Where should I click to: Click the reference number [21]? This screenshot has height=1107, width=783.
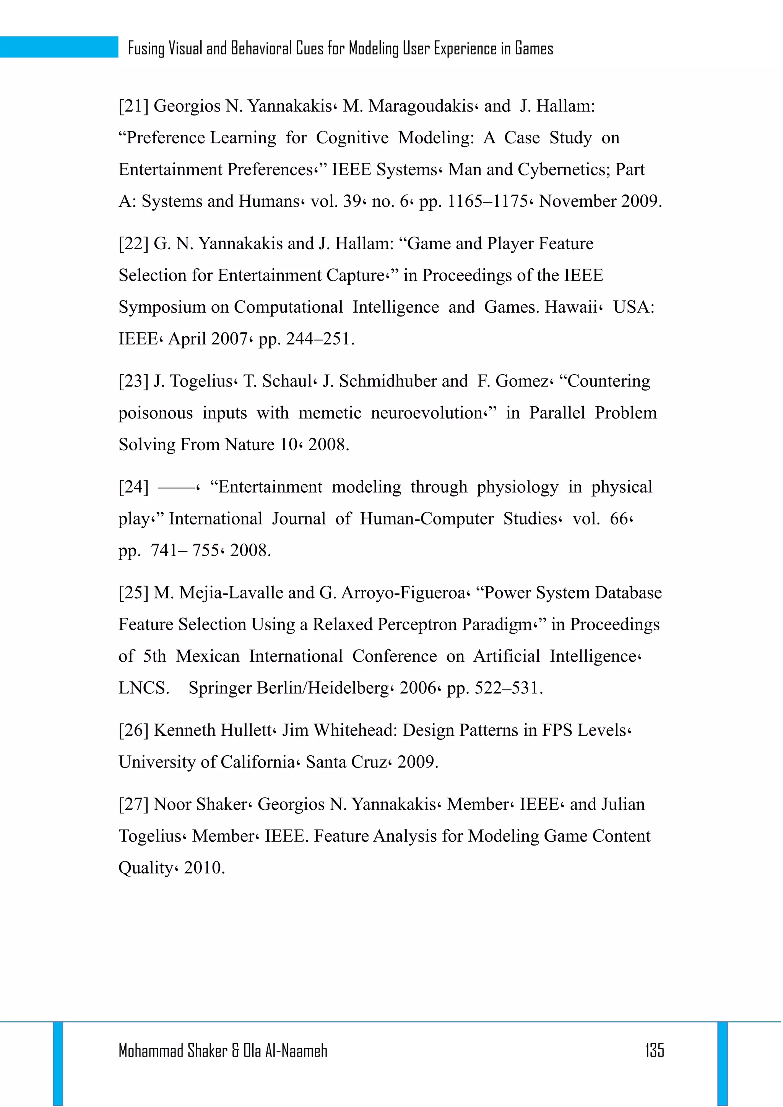(133, 106)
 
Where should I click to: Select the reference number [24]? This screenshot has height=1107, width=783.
(133, 487)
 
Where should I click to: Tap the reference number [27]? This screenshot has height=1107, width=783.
(133, 804)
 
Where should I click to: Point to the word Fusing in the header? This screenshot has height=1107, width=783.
(146, 48)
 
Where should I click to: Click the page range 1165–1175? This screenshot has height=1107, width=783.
(487, 201)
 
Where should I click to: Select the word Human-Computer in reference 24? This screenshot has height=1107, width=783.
(427, 519)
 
